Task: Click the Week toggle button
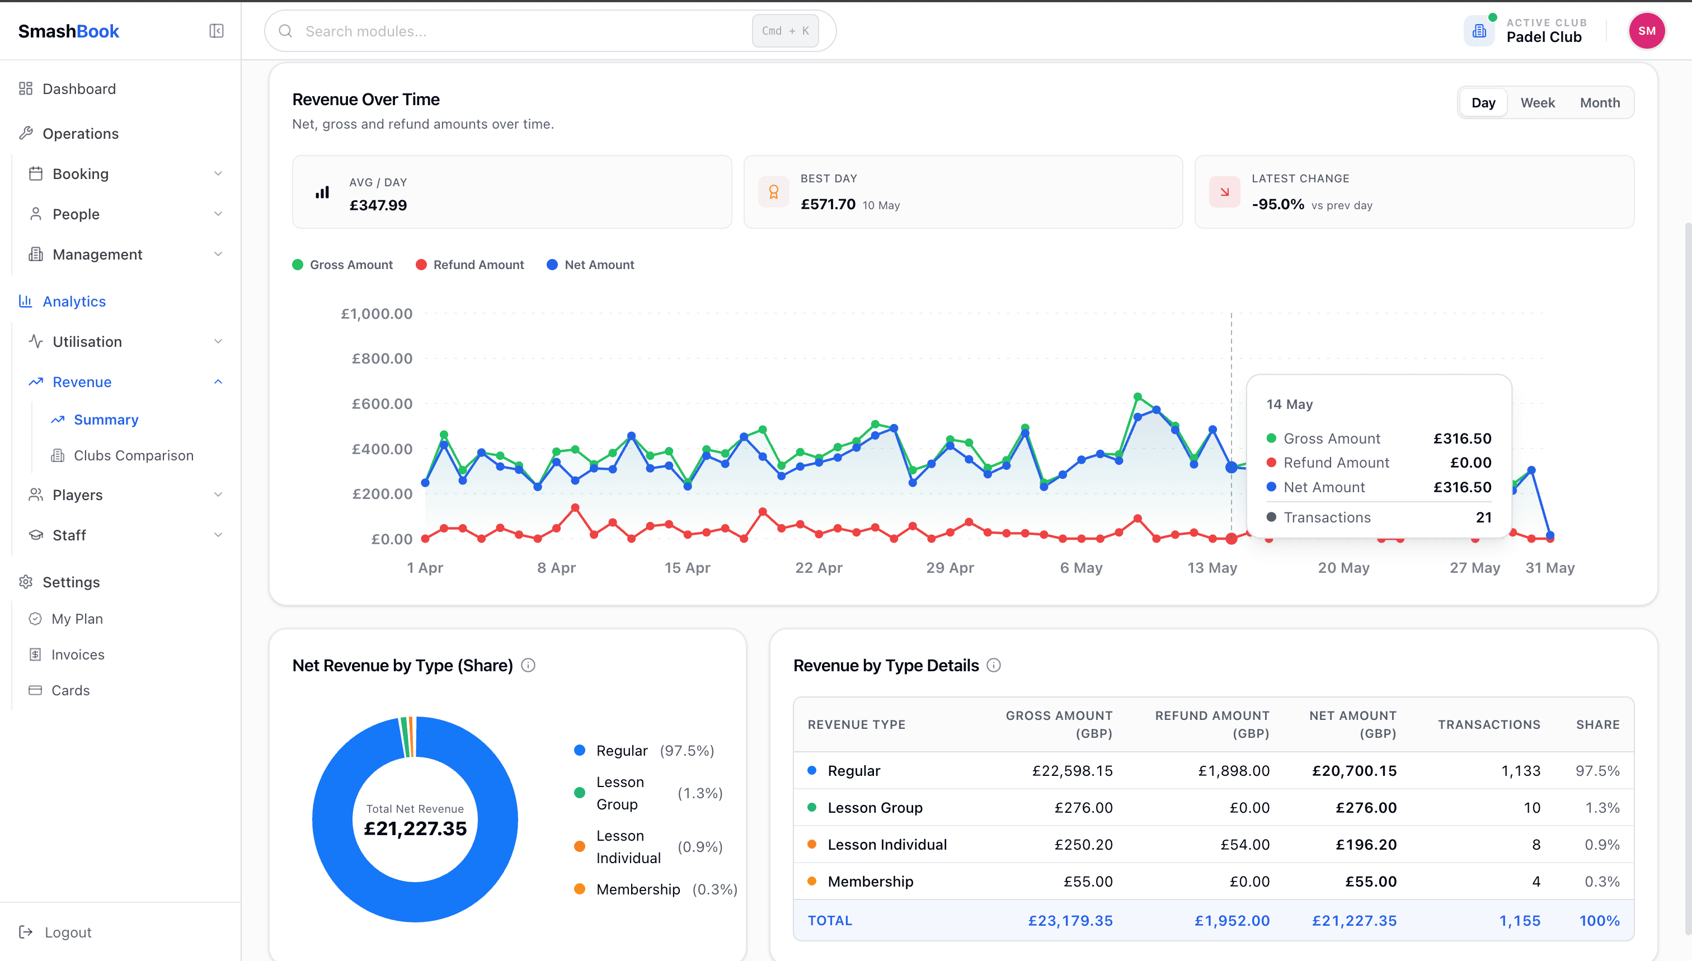pos(1538,102)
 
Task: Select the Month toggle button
pos(1600,102)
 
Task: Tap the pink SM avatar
pos(1647,31)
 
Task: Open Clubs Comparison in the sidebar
pos(133,455)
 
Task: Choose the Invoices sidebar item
pos(78,654)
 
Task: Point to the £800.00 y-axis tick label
pos(382,359)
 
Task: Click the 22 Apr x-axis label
pos(819,568)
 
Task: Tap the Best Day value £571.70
pos(828,205)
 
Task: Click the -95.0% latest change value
pos(1278,205)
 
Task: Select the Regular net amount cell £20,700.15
pos(1354,770)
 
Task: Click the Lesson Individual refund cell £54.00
pos(1245,844)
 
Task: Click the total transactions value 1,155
pos(1520,921)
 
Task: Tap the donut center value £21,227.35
pos(415,828)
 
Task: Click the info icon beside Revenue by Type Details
pos(994,665)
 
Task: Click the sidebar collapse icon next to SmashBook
pos(217,31)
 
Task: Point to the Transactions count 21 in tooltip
pos(1483,517)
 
